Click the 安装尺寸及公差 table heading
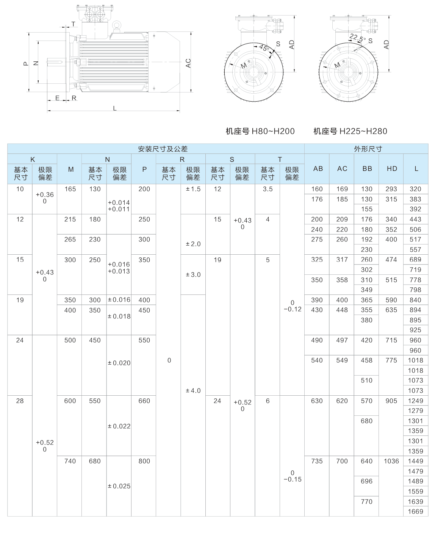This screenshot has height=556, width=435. point(163,149)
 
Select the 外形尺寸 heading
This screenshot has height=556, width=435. point(368,149)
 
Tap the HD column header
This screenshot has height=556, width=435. point(391,169)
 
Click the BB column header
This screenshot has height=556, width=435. point(367,169)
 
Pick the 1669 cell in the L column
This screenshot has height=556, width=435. point(415,512)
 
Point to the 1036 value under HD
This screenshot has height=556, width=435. point(391,461)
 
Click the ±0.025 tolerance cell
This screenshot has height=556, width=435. point(119,486)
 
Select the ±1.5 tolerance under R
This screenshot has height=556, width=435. point(193,189)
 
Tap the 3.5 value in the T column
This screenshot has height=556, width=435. point(268,189)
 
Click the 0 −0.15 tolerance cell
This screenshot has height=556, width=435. point(292,476)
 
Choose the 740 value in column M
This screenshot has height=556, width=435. point(70,461)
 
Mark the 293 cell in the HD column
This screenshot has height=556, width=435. point(391,189)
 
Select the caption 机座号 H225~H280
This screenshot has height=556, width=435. point(350,132)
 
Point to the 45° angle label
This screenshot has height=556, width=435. point(264,48)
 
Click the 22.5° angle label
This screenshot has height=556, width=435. point(357,38)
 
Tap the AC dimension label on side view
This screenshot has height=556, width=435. point(188,64)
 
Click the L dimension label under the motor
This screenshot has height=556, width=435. point(115,108)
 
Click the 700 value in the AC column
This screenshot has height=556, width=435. point(342,461)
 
